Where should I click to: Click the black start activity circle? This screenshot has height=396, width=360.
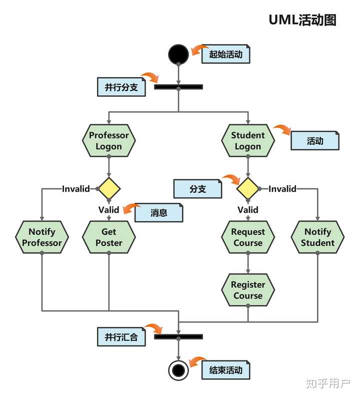(x=178, y=54)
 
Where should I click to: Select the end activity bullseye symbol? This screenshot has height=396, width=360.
(x=178, y=370)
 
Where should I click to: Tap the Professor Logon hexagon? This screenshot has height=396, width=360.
(x=108, y=141)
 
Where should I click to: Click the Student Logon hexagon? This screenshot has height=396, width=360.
(x=248, y=141)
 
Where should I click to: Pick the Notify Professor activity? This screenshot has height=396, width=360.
(x=42, y=237)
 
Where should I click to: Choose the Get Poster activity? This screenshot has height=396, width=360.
(x=108, y=237)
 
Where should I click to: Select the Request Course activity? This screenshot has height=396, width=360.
(x=248, y=237)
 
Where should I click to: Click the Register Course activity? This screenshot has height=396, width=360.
(x=248, y=290)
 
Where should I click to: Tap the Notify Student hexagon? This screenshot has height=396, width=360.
(x=317, y=237)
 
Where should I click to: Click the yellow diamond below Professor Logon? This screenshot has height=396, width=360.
(x=108, y=189)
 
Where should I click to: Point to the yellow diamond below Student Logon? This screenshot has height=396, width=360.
(x=248, y=189)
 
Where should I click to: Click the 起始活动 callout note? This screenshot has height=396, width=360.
(x=225, y=55)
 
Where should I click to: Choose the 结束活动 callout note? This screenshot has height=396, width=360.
(x=225, y=370)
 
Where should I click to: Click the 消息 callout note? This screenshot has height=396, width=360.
(x=159, y=212)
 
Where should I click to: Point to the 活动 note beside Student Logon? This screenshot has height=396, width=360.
(x=315, y=141)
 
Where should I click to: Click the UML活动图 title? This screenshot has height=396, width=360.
(x=302, y=20)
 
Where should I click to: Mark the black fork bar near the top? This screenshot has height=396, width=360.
(x=178, y=87)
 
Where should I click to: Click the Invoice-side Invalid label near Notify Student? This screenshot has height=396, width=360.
(x=282, y=189)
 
